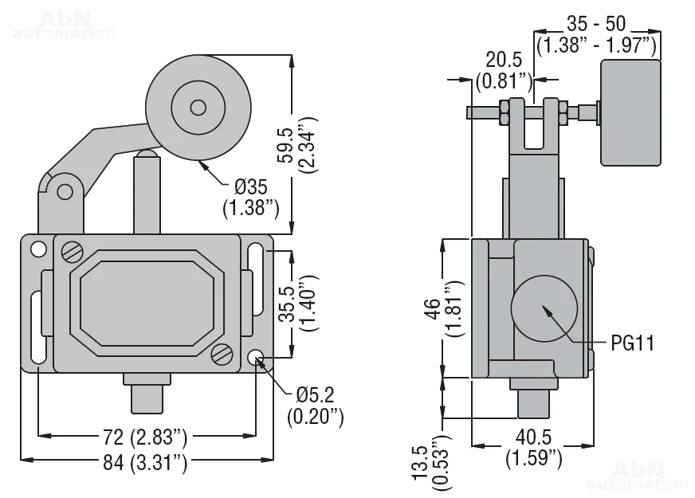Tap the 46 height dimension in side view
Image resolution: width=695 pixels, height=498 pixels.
pos(454,309)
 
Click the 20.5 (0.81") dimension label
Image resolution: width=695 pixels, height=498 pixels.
pos(504,70)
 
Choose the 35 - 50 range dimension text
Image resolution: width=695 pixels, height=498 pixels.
pos(598,33)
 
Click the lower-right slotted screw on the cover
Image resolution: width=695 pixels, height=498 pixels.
pos(222,353)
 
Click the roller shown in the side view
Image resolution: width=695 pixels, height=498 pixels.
pos(630,112)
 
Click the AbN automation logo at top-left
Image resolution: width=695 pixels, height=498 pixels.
pos(65,24)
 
